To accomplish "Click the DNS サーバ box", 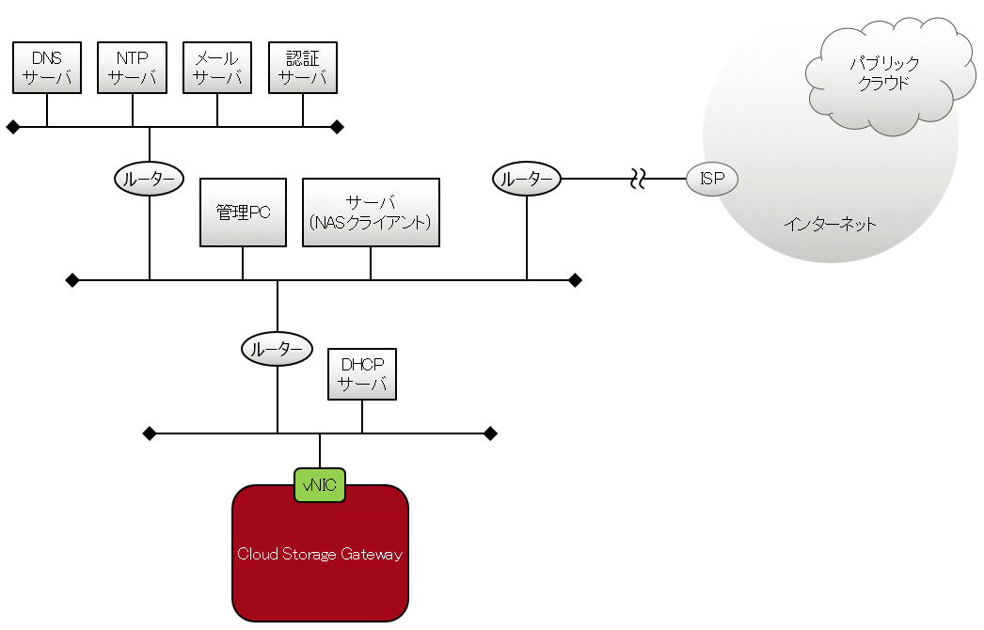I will (47, 68).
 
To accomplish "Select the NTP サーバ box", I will (133, 68).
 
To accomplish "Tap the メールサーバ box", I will (217, 68).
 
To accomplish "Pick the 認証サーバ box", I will (303, 68).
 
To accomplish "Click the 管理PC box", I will (243, 213).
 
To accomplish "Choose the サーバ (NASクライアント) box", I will (371, 213).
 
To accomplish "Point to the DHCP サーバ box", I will (362, 374).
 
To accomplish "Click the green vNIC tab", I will (320, 485).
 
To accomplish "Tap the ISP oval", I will (712, 178).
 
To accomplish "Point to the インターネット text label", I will (830, 224).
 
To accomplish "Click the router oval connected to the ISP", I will (526, 178).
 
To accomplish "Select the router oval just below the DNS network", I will (149, 178).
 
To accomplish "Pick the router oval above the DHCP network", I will (277, 349).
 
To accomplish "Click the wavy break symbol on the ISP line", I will (637, 178).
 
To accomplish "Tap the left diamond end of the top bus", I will (12, 127).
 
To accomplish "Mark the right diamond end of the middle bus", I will (575, 280).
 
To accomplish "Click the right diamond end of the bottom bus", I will (490, 433).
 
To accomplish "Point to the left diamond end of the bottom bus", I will (149, 433).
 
